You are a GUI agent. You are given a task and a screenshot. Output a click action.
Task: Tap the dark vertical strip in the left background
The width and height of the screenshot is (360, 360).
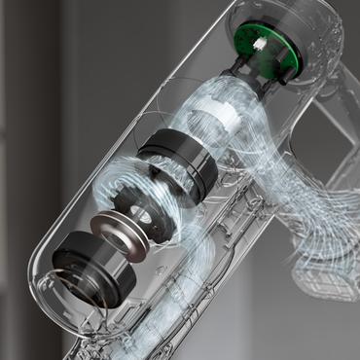pos(19,146)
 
